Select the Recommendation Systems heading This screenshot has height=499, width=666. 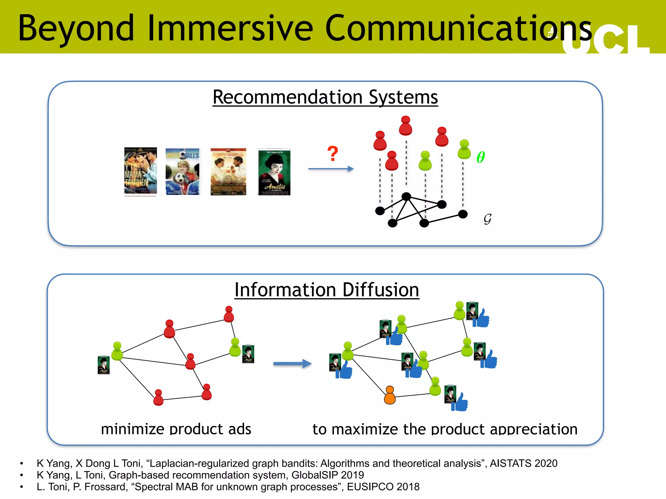click(x=325, y=97)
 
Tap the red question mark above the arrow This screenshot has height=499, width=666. click(x=332, y=154)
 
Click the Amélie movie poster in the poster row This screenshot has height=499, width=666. click(x=274, y=172)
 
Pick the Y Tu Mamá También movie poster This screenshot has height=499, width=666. click(x=140, y=171)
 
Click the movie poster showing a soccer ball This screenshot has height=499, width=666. click(x=183, y=172)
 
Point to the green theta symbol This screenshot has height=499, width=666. click(x=480, y=157)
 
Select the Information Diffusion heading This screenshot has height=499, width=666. click(x=326, y=290)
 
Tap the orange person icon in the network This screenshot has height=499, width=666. click(x=390, y=395)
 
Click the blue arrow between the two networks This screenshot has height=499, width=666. click(x=292, y=364)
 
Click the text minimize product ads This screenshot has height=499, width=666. click(x=176, y=429)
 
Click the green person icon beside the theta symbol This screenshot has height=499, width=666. click(x=464, y=149)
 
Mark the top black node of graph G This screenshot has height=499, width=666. click(x=406, y=196)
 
